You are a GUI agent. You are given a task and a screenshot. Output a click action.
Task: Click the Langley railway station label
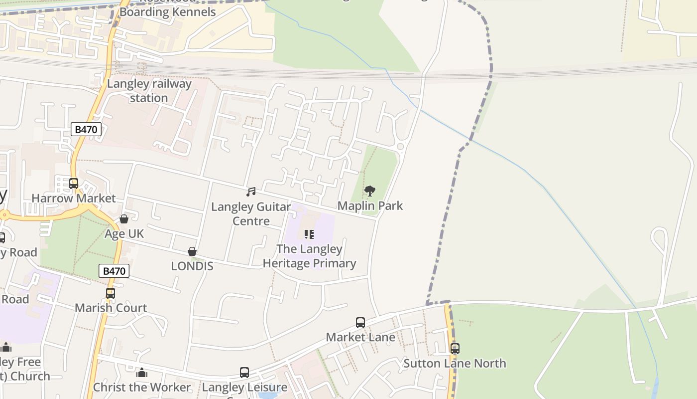(149, 91)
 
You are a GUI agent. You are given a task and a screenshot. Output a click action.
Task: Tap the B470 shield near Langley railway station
(86, 130)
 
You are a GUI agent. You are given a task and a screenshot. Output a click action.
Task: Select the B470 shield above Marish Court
(114, 271)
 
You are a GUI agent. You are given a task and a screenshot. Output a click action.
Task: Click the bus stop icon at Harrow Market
(74, 184)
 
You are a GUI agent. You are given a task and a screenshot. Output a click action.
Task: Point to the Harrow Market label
(74, 198)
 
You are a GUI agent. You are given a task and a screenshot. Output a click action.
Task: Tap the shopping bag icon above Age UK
(124, 219)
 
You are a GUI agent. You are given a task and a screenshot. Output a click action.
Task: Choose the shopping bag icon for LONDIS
(192, 252)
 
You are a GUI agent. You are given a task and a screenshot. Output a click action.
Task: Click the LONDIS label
(192, 266)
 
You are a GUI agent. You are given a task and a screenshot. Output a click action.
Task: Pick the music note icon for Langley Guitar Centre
(251, 192)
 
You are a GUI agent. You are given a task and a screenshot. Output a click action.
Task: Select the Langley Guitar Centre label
(251, 213)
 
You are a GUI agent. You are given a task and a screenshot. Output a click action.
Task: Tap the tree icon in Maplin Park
(369, 191)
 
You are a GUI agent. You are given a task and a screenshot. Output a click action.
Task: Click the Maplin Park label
(370, 205)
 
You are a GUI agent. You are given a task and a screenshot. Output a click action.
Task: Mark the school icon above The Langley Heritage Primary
(309, 234)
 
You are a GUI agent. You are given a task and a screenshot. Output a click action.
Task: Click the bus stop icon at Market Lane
(360, 323)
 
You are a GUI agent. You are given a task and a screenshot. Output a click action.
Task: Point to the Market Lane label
(360, 337)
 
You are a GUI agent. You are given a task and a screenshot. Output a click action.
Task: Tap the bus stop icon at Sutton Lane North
(455, 349)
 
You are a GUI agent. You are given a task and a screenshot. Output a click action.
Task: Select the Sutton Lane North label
(455, 363)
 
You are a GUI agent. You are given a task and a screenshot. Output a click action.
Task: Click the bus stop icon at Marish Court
(111, 293)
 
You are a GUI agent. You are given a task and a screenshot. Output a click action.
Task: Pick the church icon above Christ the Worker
(142, 373)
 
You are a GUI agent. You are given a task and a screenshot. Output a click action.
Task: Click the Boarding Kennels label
(168, 12)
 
